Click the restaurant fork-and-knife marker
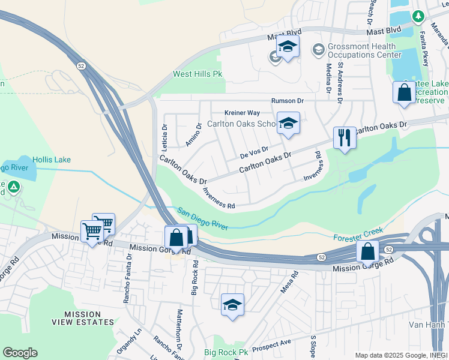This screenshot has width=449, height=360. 345,137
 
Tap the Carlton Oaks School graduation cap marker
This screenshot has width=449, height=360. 288,124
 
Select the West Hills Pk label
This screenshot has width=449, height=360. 197,74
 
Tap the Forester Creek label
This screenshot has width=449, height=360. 358,231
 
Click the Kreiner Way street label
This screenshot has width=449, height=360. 242,113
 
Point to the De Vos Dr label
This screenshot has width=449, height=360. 253,152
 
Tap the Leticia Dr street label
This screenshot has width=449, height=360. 164,137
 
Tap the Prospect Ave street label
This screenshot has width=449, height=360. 271,345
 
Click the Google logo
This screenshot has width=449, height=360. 20,353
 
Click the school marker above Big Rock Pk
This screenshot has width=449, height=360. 232,304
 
